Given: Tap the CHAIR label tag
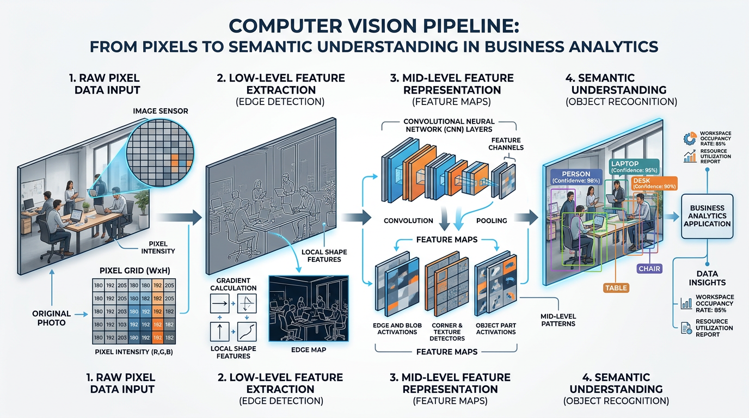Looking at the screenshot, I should click(x=649, y=268).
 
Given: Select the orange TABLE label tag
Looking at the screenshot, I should click(x=616, y=288).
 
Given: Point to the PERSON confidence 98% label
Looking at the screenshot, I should click(x=576, y=177).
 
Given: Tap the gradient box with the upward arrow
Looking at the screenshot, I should click(x=221, y=331).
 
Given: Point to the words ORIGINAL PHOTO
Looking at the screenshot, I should click(x=51, y=317).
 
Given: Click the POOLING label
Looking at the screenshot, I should click(x=491, y=220).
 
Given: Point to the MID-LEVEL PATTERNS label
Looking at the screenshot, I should click(x=558, y=320).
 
